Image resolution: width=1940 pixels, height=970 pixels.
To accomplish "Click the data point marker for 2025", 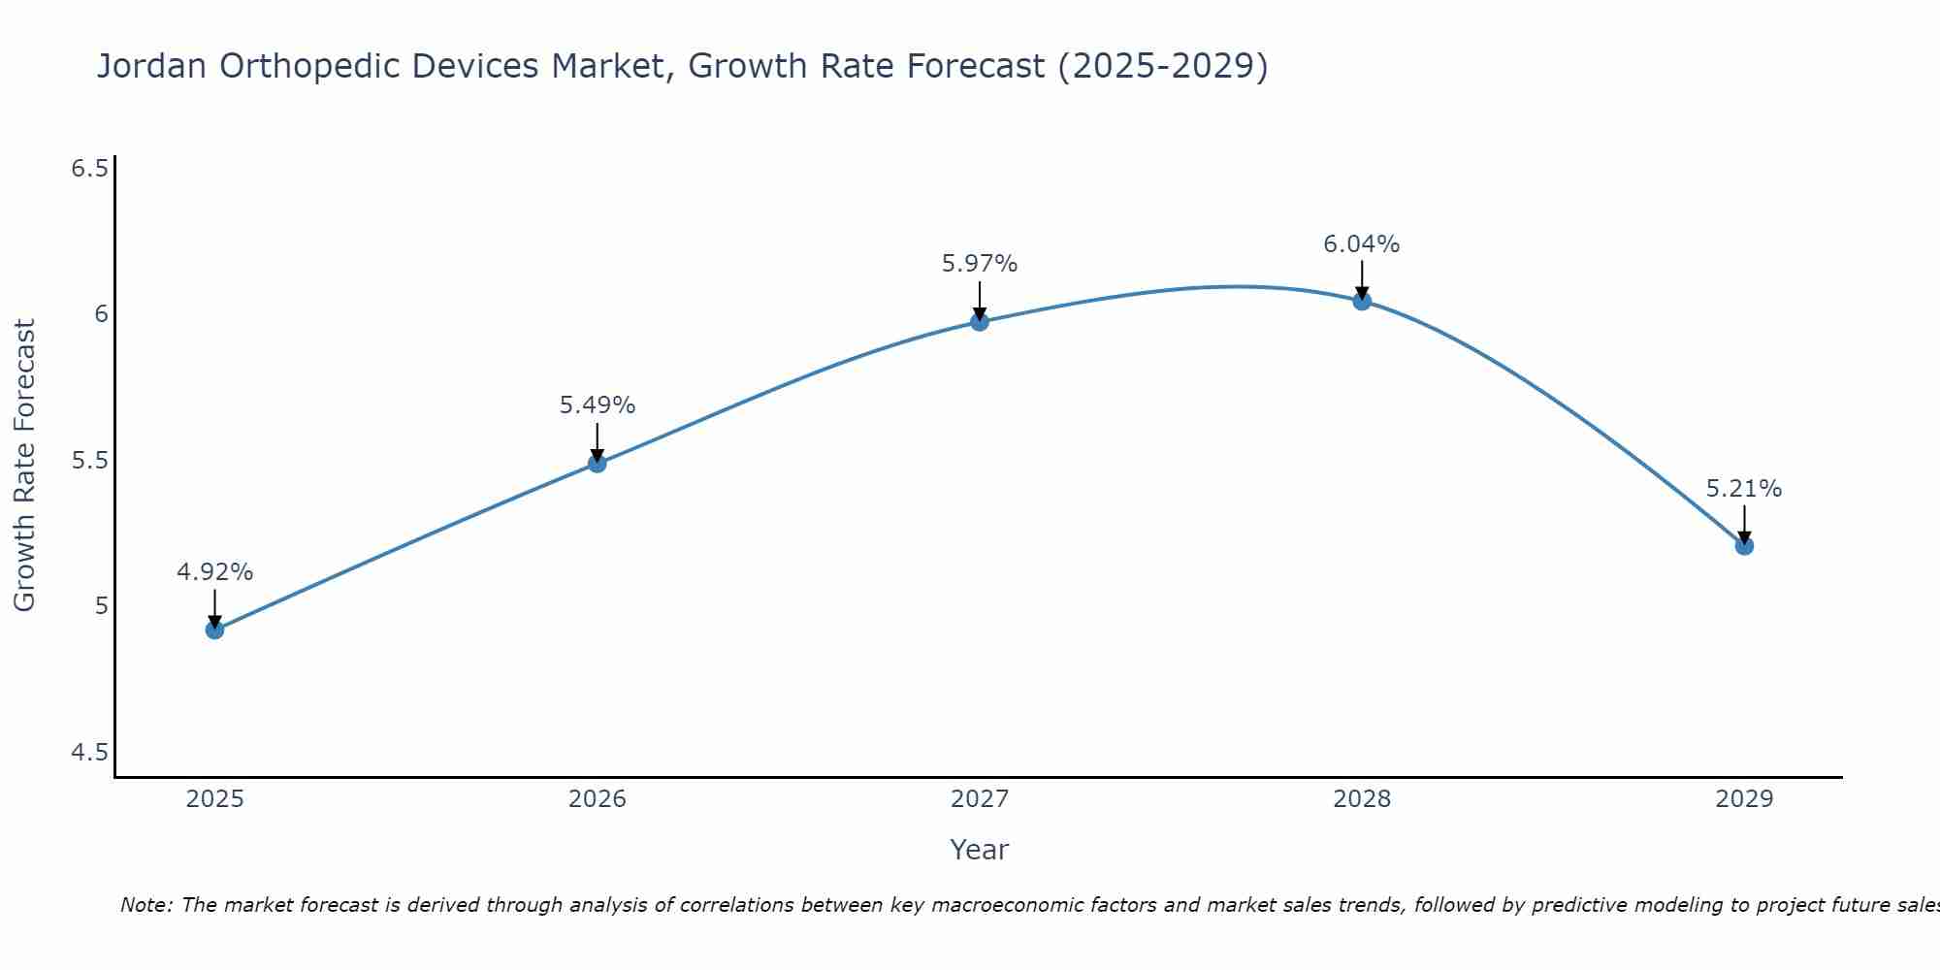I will [214, 630].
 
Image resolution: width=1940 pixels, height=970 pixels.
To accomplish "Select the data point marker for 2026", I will [598, 464].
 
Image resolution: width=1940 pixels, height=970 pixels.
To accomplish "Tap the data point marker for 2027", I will [980, 321].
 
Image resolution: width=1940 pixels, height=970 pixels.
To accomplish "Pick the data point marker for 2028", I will [1362, 301].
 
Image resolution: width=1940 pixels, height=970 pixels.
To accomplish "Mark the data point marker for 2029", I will [1744, 545].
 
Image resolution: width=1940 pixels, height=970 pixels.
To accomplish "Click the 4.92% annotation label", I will [214, 572].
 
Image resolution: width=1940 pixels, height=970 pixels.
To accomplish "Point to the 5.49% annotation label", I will [598, 405].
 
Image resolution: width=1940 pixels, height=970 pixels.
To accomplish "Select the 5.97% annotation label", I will [980, 264].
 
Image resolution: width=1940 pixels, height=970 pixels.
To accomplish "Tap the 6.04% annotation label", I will [1362, 244].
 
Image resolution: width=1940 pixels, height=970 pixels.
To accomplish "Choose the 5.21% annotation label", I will [1744, 489].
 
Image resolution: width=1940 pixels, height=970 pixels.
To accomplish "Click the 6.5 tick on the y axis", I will [89, 169].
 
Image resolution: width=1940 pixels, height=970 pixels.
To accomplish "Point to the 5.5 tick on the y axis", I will [89, 461].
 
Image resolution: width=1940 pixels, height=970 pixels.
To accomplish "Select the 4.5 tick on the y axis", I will [89, 753].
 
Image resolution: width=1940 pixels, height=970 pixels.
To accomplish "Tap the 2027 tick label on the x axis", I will [980, 799].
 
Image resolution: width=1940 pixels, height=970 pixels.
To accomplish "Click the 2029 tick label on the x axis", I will [1744, 799].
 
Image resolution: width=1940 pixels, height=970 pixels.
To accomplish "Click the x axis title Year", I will [980, 850].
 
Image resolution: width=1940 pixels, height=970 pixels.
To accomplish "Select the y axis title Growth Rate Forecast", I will [24, 466].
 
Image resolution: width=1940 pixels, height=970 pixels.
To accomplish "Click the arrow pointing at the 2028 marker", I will [1362, 279].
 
